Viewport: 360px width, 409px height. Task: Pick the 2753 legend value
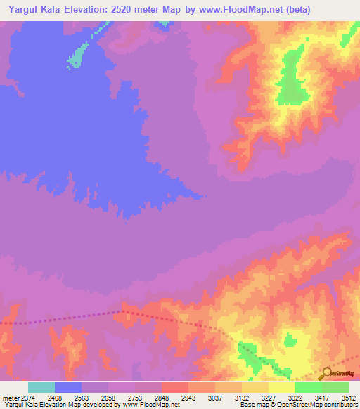[x=135, y=398]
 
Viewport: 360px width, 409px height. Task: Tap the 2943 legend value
[x=188, y=398]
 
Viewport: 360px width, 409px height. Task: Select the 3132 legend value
[x=242, y=398]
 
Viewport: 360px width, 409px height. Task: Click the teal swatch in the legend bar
[x=41, y=387]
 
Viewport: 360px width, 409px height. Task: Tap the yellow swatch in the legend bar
[x=282, y=387]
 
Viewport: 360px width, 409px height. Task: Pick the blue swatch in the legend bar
[x=68, y=387]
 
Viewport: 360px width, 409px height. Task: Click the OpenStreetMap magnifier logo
[x=326, y=374]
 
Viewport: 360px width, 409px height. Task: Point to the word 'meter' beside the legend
[x=10, y=398]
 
